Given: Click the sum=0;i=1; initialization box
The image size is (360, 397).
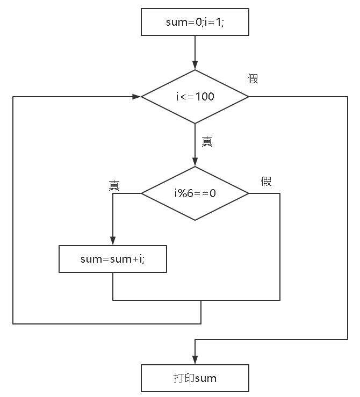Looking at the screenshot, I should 195,23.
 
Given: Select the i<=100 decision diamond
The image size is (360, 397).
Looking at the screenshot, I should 195,97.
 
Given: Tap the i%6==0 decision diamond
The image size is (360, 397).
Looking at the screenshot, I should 195,193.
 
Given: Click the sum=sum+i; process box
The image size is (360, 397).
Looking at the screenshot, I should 113,259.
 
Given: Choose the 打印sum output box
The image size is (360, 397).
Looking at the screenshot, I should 195,378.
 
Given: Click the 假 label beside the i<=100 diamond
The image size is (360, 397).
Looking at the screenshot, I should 253,79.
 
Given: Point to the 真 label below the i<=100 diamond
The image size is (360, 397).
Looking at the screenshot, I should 207,142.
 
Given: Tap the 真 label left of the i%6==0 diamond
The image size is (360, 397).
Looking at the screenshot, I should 114,185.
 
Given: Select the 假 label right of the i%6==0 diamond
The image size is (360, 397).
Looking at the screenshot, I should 266,181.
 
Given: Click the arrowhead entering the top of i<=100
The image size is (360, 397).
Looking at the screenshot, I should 195,66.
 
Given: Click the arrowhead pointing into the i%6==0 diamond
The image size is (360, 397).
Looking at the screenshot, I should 195,163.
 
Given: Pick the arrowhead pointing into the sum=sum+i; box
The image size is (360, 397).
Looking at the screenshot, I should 113,241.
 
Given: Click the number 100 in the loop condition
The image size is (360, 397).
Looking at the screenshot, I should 205,97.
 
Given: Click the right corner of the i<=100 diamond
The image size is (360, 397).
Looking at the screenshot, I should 248,97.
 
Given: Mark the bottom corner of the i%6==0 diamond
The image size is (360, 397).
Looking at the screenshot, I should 195,220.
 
